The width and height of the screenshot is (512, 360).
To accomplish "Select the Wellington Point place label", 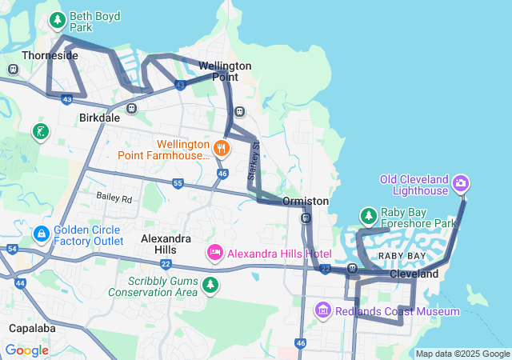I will (225, 71).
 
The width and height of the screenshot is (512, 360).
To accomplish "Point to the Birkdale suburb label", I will (99, 118).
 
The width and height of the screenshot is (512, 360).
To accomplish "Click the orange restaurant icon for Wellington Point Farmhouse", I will (222, 147).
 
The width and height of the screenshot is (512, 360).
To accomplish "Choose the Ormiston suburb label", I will (305, 202).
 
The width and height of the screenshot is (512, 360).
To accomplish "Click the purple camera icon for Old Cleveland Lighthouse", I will (461, 184).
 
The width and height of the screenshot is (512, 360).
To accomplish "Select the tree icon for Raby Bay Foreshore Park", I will (368, 216).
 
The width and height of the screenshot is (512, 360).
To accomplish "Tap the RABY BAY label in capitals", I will (402, 256).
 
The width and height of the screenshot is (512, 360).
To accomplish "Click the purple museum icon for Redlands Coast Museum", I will (322, 310).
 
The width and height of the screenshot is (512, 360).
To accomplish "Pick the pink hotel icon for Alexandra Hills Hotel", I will (214, 254).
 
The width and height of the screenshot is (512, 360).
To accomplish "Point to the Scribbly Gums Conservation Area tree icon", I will (210, 286).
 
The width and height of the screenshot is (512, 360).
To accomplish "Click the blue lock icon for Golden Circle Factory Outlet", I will (41, 234).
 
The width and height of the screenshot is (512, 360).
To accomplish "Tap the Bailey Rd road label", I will (114, 197).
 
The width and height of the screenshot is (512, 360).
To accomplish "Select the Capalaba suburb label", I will (32, 328).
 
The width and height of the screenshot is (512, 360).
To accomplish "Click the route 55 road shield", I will (178, 184).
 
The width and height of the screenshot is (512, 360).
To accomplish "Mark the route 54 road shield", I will (11, 250).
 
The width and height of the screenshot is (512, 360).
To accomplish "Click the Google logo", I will (26, 350).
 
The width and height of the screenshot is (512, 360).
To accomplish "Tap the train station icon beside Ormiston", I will (306, 218).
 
